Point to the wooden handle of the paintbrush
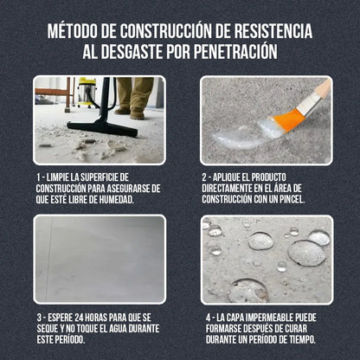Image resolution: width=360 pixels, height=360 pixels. point(318,93)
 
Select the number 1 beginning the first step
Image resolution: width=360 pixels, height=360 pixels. point(39,177)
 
